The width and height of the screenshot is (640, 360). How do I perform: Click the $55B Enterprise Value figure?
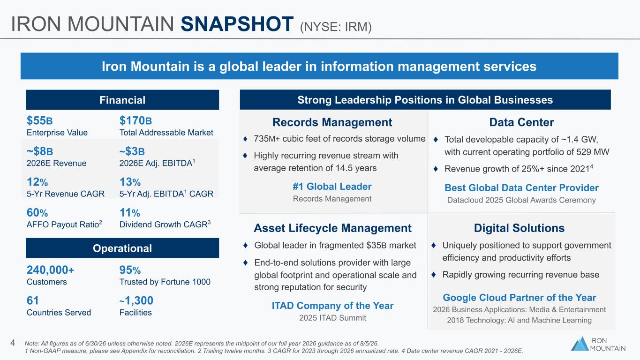(x=40, y=120)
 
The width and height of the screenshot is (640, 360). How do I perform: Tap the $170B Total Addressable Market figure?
(x=136, y=120)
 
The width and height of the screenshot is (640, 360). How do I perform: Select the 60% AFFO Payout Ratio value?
(x=37, y=213)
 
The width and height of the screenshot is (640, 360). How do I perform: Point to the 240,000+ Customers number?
(x=50, y=270)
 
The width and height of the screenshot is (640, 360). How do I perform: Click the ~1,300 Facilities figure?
(x=136, y=300)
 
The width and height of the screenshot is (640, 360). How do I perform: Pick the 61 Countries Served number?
(x=32, y=300)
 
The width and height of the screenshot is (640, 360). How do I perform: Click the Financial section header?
(x=122, y=100)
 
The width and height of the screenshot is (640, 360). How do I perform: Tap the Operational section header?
(x=122, y=248)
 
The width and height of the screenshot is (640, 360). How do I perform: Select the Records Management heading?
(x=332, y=122)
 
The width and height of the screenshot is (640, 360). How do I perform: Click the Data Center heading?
(x=521, y=122)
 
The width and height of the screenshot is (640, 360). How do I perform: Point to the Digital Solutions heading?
(x=519, y=228)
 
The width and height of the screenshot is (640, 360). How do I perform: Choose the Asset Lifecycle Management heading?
(x=332, y=228)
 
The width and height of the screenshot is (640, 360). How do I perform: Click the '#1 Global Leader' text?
(x=332, y=187)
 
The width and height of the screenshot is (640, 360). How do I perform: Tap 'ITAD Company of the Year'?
(x=332, y=306)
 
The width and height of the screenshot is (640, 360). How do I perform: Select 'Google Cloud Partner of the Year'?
(x=520, y=298)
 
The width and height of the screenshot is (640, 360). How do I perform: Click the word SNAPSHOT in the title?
(x=237, y=24)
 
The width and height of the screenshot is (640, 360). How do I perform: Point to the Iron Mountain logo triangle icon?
(x=580, y=344)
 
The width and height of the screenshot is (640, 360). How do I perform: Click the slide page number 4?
(x=13, y=343)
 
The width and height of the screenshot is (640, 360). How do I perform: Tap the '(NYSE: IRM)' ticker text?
(x=336, y=27)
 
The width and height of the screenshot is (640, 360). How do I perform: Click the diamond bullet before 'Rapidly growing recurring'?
(x=433, y=275)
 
